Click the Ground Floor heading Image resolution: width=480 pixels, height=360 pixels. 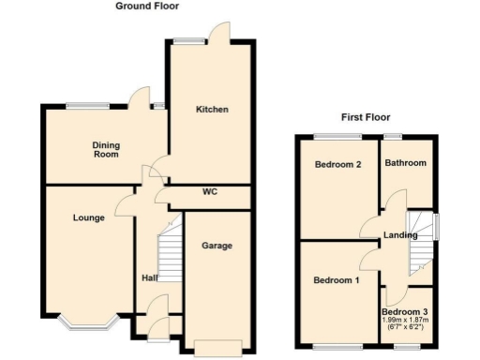(x=147, y=6)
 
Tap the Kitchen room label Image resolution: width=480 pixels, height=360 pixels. (x=212, y=110)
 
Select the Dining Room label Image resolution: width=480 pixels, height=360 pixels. (x=106, y=149)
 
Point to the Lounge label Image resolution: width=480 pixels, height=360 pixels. (x=89, y=218)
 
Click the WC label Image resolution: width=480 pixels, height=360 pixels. (x=210, y=193)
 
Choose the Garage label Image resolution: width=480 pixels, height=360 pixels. (x=217, y=246)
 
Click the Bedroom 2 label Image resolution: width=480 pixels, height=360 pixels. (x=337, y=165)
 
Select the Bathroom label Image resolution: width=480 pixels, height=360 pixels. (x=406, y=163)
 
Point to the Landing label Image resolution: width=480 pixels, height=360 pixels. (x=400, y=235)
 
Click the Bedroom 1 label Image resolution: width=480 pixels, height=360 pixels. (x=335, y=280)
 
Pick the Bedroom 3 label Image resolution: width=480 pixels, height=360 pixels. (x=406, y=312)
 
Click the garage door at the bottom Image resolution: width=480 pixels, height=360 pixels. (x=217, y=351)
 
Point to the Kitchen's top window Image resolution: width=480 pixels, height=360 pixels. (x=188, y=40)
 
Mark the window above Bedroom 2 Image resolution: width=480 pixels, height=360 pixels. (x=343, y=137)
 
